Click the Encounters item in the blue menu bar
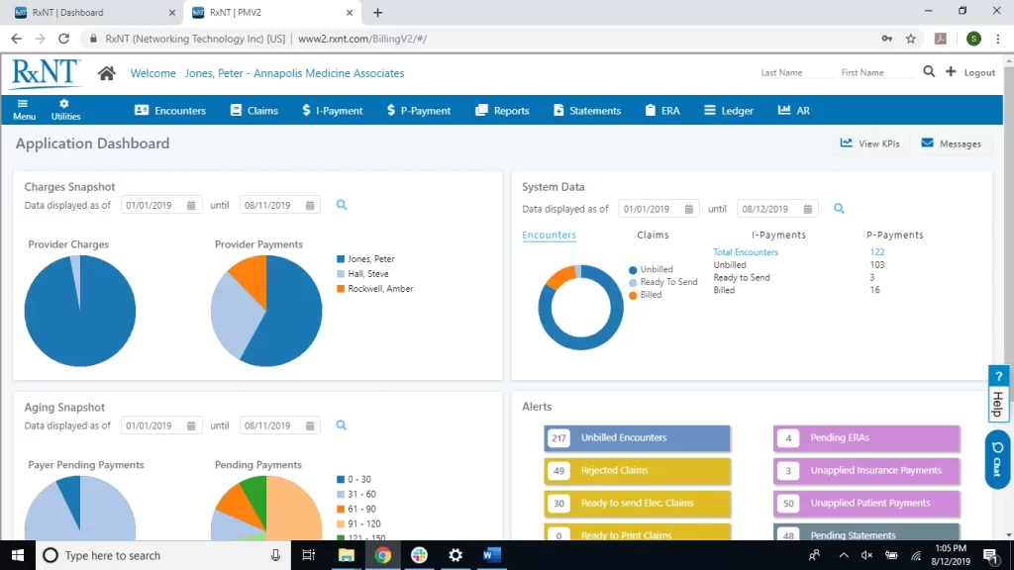170,111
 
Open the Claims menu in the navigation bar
254,111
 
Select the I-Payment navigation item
333,111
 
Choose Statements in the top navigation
587,111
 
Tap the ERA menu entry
662,111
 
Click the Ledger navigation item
729,111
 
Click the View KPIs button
869,143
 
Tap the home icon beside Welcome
107,73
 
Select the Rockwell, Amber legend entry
379,289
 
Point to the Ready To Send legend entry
668,282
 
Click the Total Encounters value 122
877,252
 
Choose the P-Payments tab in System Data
894,236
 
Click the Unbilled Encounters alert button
637,438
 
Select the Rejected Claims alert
637,471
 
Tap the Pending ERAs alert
866,438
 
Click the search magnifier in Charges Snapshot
342,205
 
